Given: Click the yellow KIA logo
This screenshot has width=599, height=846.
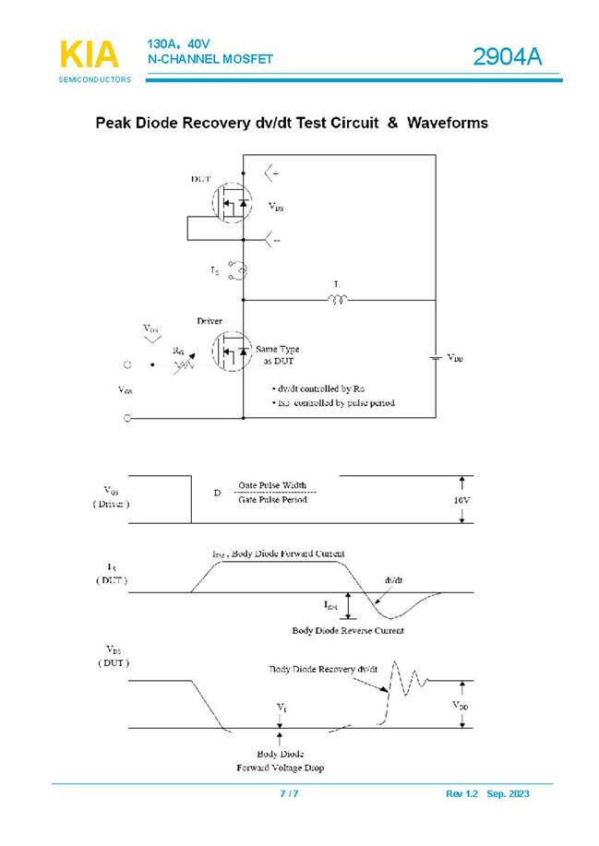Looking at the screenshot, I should click(90, 54).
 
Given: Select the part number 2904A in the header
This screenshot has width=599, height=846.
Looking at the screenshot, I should click(507, 57).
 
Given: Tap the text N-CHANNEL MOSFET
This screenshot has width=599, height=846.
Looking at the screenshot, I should click(210, 59).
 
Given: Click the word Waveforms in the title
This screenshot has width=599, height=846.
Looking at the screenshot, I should click(448, 123).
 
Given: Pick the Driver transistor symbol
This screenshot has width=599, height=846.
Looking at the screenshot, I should click(231, 352).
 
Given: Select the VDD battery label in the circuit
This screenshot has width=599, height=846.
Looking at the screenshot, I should click(455, 357).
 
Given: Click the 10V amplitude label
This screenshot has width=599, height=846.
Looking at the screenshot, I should click(461, 499).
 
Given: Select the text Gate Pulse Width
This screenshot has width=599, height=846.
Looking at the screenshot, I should click(272, 485).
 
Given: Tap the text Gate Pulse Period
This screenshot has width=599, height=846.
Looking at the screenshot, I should click(272, 500).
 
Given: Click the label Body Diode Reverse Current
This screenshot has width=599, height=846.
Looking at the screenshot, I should click(348, 631).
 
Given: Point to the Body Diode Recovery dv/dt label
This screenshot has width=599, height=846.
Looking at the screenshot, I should click(323, 669).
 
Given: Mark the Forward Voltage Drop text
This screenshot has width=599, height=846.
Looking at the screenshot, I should click(280, 768).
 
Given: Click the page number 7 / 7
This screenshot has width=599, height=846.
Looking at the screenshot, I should click(289, 794).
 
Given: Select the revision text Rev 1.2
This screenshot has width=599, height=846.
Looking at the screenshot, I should click(462, 794).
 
